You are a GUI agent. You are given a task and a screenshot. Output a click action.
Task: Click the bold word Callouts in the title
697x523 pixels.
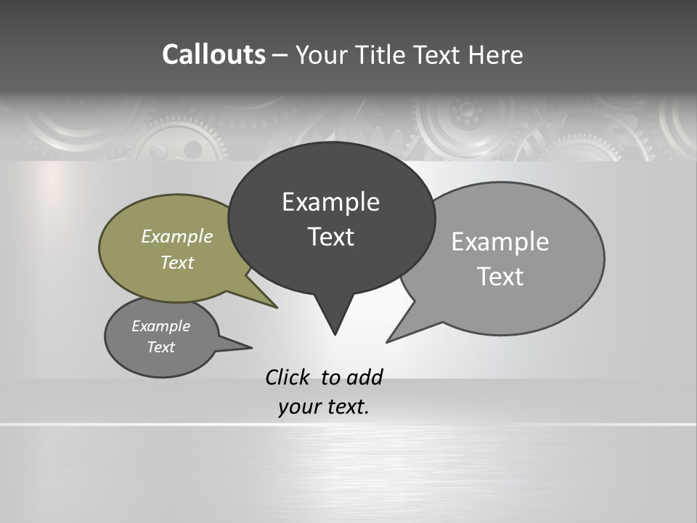[213, 54]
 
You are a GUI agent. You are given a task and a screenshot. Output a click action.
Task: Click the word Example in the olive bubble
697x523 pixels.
[177, 236]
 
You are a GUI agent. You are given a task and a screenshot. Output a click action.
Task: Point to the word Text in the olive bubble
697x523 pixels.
[177, 262]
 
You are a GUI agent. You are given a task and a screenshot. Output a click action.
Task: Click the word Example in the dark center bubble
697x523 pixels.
[330, 202]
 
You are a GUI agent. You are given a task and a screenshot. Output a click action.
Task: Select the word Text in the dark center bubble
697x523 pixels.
[330, 237]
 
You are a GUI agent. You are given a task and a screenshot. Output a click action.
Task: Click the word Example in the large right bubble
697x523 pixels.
[500, 242]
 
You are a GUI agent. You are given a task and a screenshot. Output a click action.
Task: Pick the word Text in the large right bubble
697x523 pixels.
[500, 277]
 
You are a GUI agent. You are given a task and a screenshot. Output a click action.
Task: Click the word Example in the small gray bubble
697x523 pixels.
[161, 326]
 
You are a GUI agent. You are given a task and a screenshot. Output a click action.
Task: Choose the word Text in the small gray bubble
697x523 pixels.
[161, 347]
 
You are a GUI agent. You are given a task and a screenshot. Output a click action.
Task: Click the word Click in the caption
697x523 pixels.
[288, 377]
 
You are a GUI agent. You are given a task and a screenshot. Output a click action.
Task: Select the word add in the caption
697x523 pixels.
[364, 377]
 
